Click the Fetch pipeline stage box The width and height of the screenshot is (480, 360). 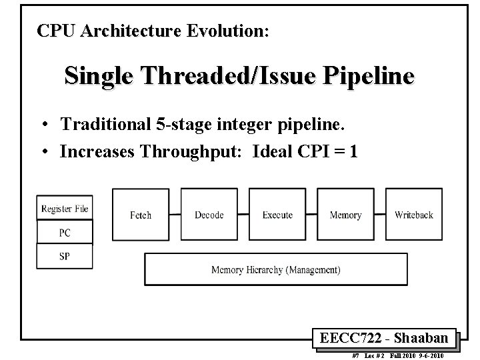tap(141, 214)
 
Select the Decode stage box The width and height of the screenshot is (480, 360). tap(209, 214)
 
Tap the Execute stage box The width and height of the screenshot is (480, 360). tap(277, 214)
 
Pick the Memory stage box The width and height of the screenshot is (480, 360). tap(345, 214)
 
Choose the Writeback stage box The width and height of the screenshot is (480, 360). tap(413, 214)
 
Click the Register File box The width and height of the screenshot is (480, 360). tap(65, 209)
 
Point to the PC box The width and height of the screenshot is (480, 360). tap(65, 233)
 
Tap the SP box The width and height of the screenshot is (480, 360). tap(65, 256)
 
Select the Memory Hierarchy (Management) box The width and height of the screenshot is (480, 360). tap(275, 269)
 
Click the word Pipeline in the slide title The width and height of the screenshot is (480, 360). tap(369, 75)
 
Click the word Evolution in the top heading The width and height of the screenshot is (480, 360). tap(227, 31)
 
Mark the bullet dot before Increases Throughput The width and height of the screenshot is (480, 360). tap(43, 152)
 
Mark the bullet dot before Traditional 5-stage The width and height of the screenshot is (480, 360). tap(43, 125)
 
